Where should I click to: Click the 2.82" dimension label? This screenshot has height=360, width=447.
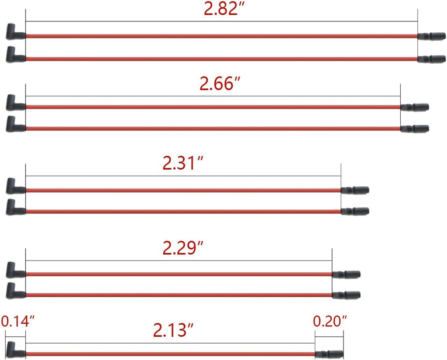pyautogui.click(x=224, y=9)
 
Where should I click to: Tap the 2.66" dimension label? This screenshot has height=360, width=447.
pyautogui.click(x=220, y=84)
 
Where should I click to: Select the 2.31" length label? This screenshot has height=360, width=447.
pyautogui.click(x=183, y=163)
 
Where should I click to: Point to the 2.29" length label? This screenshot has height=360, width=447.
pyautogui.click(x=183, y=248)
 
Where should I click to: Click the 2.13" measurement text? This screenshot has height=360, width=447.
pyautogui.click(x=173, y=330)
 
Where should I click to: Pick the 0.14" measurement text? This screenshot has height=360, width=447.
pyautogui.click(x=17, y=322)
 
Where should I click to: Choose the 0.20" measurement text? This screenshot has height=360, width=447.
pyautogui.click(x=330, y=322)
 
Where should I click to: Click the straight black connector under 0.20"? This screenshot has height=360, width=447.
pyautogui.click(x=329, y=354)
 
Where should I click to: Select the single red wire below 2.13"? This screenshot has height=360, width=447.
pyautogui.click(x=171, y=354)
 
